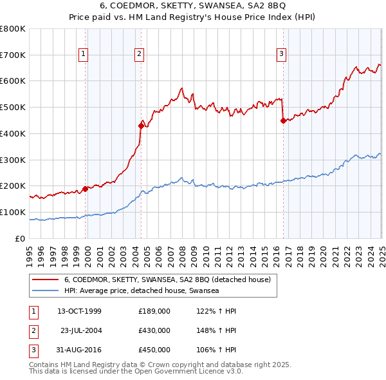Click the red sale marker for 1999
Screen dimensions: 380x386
(x=85, y=189)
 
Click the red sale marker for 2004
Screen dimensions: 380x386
(x=141, y=126)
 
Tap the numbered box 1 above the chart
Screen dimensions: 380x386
(x=84, y=55)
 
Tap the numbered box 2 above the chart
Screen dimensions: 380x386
(x=140, y=55)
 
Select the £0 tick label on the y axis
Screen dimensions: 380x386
(x=21, y=238)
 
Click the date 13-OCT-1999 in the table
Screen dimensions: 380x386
(x=79, y=311)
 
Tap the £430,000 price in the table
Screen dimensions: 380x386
(x=154, y=330)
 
